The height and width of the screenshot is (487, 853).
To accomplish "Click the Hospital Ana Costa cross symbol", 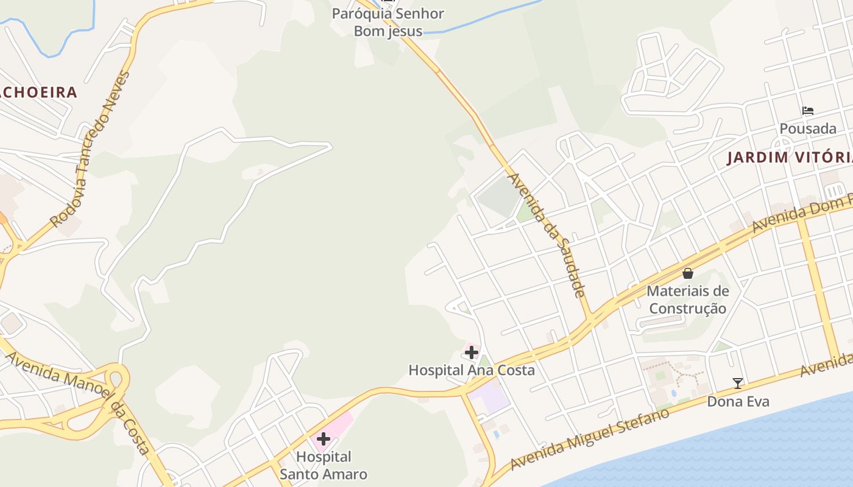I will pos(472,352).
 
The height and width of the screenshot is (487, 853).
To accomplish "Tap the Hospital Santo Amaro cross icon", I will pos(323,439).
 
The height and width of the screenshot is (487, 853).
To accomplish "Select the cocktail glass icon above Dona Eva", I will pos(738,384).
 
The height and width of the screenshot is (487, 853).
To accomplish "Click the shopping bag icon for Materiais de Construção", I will pos(688,273).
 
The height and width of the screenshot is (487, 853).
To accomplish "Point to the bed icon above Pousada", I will pos(808,111).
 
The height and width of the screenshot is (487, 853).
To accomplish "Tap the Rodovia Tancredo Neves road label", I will pos(91,149).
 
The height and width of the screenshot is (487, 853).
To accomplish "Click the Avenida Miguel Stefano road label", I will pos(590,438).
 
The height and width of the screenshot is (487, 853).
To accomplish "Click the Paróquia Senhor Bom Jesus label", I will pos(388,22).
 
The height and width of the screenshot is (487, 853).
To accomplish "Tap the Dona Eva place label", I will pos(738,402).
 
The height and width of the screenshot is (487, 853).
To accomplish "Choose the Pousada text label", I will pos(808,129).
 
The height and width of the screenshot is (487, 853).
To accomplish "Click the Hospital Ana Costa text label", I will pos(472,370).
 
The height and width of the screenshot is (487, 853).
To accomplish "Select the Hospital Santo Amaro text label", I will pos(324,466).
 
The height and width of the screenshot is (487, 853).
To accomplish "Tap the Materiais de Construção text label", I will pos(688,300).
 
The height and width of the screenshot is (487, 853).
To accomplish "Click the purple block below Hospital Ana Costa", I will pos(490,397).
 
